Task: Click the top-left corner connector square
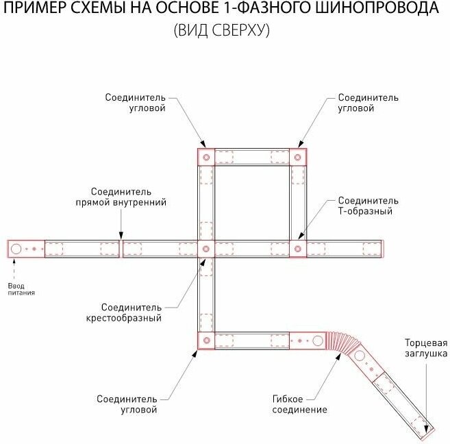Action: tap(205, 157)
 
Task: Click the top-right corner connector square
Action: tap(297, 157)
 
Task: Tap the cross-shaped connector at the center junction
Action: tap(205, 248)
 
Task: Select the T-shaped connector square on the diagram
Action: tap(297, 248)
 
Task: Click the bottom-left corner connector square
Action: tap(205, 340)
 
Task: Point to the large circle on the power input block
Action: tap(16, 248)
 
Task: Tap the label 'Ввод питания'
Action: tap(21, 288)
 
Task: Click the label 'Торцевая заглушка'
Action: tap(425, 347)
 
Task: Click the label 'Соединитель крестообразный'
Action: tap(132, 312)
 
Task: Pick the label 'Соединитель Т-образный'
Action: tap(368, 206)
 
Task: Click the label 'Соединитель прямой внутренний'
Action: tap(121, 197)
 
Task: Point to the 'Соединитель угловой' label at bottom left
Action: tap(127, 404)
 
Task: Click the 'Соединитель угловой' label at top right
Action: tap(368, 103)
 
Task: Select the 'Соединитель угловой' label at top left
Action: tap(136, 103)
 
